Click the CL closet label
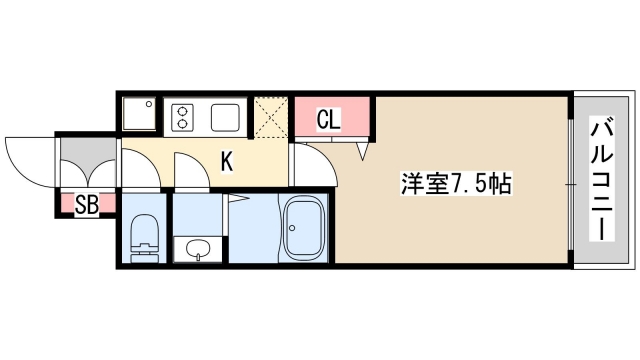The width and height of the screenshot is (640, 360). [x=329, y=120]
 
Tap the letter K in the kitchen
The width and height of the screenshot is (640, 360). [x=227, y=160]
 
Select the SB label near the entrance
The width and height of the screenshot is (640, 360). [x=87, y=206]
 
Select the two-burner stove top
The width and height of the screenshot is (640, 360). [x=184, y=118]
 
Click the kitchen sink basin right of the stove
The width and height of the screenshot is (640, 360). [x=223, y=118]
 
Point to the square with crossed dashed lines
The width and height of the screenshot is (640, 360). [x=268, y=115]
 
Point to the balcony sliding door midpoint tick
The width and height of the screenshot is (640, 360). [x=571, y=184]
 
